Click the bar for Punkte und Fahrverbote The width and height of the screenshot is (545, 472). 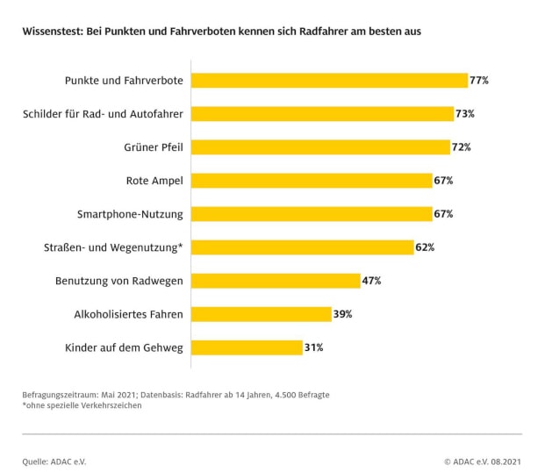pyautogui.click(x=329, y=81)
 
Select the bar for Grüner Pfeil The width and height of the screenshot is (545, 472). pyautogui.click(x=319, y=147)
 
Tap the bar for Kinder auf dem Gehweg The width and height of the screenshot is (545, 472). pyautogui.click(x=247, y=347)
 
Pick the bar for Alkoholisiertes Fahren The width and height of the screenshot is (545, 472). pyautogui.click(x=261, y=314)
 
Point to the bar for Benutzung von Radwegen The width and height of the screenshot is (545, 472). pyautogui.click(x=276, y=281)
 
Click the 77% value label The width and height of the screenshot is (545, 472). pyautogui.click(x=479, y=81)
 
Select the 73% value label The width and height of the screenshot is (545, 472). pyautogui.click(x=466, y=114)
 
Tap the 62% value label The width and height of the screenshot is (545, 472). pyautogui.click(x=426, y=247)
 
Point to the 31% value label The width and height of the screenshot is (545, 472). pyautogui.click(x=314, y=347)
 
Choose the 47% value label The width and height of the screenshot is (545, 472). pyautogui.click(x=371, y=281)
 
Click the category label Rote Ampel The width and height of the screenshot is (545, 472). pyautogui.click(x=154, y=181)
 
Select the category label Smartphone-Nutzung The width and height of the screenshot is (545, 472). pyautogui.click(x=130, y=214)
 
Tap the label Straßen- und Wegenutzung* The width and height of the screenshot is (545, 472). pyautogui.click(x=113, y=247)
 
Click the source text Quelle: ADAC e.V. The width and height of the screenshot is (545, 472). pyautogui.click(x=54, y=461)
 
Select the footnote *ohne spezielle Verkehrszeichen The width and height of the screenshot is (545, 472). pyautogui.click(x=82, y=405)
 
